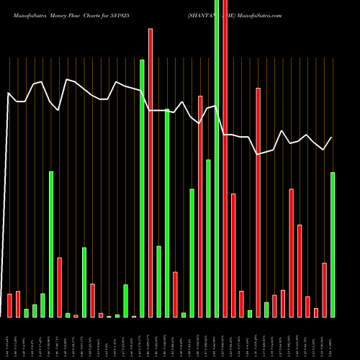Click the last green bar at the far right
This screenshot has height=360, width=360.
(333, 245)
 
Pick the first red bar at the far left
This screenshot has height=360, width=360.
(9, 305)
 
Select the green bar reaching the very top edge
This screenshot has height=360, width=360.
(217, 158)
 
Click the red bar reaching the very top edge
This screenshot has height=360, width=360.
(225, 158)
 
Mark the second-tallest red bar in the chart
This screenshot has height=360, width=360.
(150, 173)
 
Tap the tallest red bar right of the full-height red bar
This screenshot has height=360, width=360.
(258, 202)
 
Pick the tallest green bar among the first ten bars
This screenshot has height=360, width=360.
(51, 244)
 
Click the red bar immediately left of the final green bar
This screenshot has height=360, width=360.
(325, 290)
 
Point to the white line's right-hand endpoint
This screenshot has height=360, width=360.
(332, 137)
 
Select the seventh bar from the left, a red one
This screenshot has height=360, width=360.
(59, 287)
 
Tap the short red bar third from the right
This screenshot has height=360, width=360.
(307, 307)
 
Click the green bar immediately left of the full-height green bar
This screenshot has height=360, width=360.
(208, 238)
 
